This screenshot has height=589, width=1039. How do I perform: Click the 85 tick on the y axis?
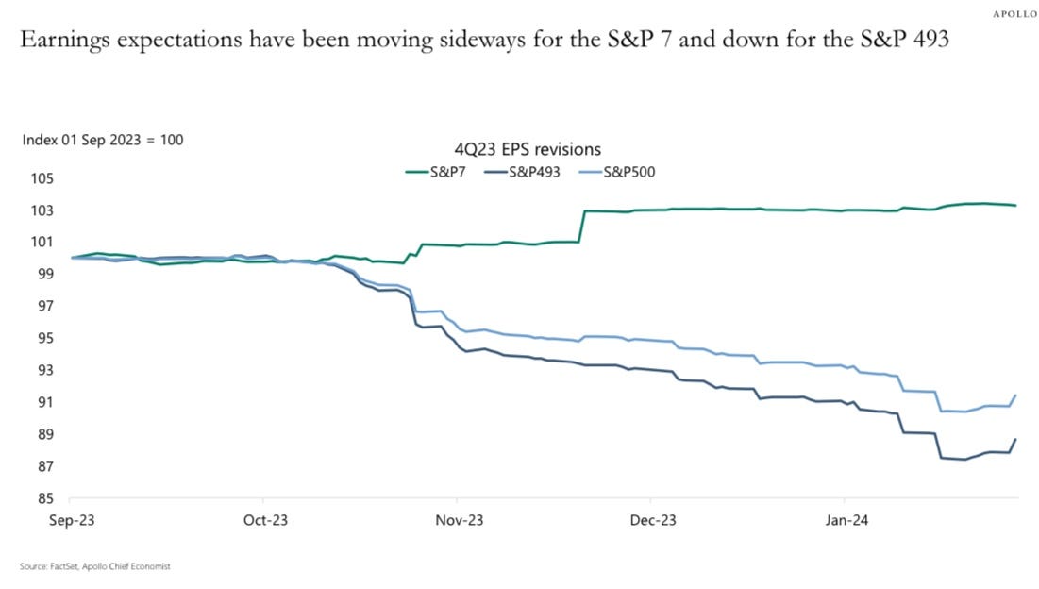43,498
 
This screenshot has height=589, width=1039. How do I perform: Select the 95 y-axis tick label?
43,338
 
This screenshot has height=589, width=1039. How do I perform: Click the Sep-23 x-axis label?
71,521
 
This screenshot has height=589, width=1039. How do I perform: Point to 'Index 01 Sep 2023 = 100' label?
103,140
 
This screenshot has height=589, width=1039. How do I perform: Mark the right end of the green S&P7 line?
1015,205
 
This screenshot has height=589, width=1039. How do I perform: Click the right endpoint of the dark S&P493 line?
1015,439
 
